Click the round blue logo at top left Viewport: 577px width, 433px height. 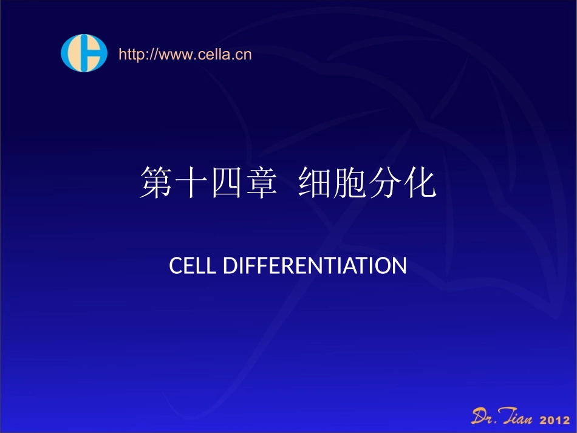(x=84, y=53)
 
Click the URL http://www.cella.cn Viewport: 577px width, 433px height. (x=185, y=55)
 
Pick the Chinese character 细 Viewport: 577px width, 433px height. (x=315, y=184)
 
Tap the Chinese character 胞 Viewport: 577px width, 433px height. (x=351, y=184)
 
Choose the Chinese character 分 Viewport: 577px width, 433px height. (x=386, y=184)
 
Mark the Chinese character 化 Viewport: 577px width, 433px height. (x=422, y=184)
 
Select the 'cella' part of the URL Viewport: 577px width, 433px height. (x=212, y=55)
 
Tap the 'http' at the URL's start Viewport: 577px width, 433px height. (x=129, y=55)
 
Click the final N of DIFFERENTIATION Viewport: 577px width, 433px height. (x=398, y=266)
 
